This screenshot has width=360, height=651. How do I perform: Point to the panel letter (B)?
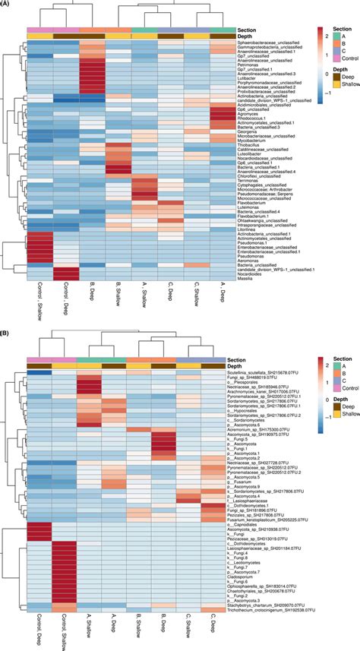5,333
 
